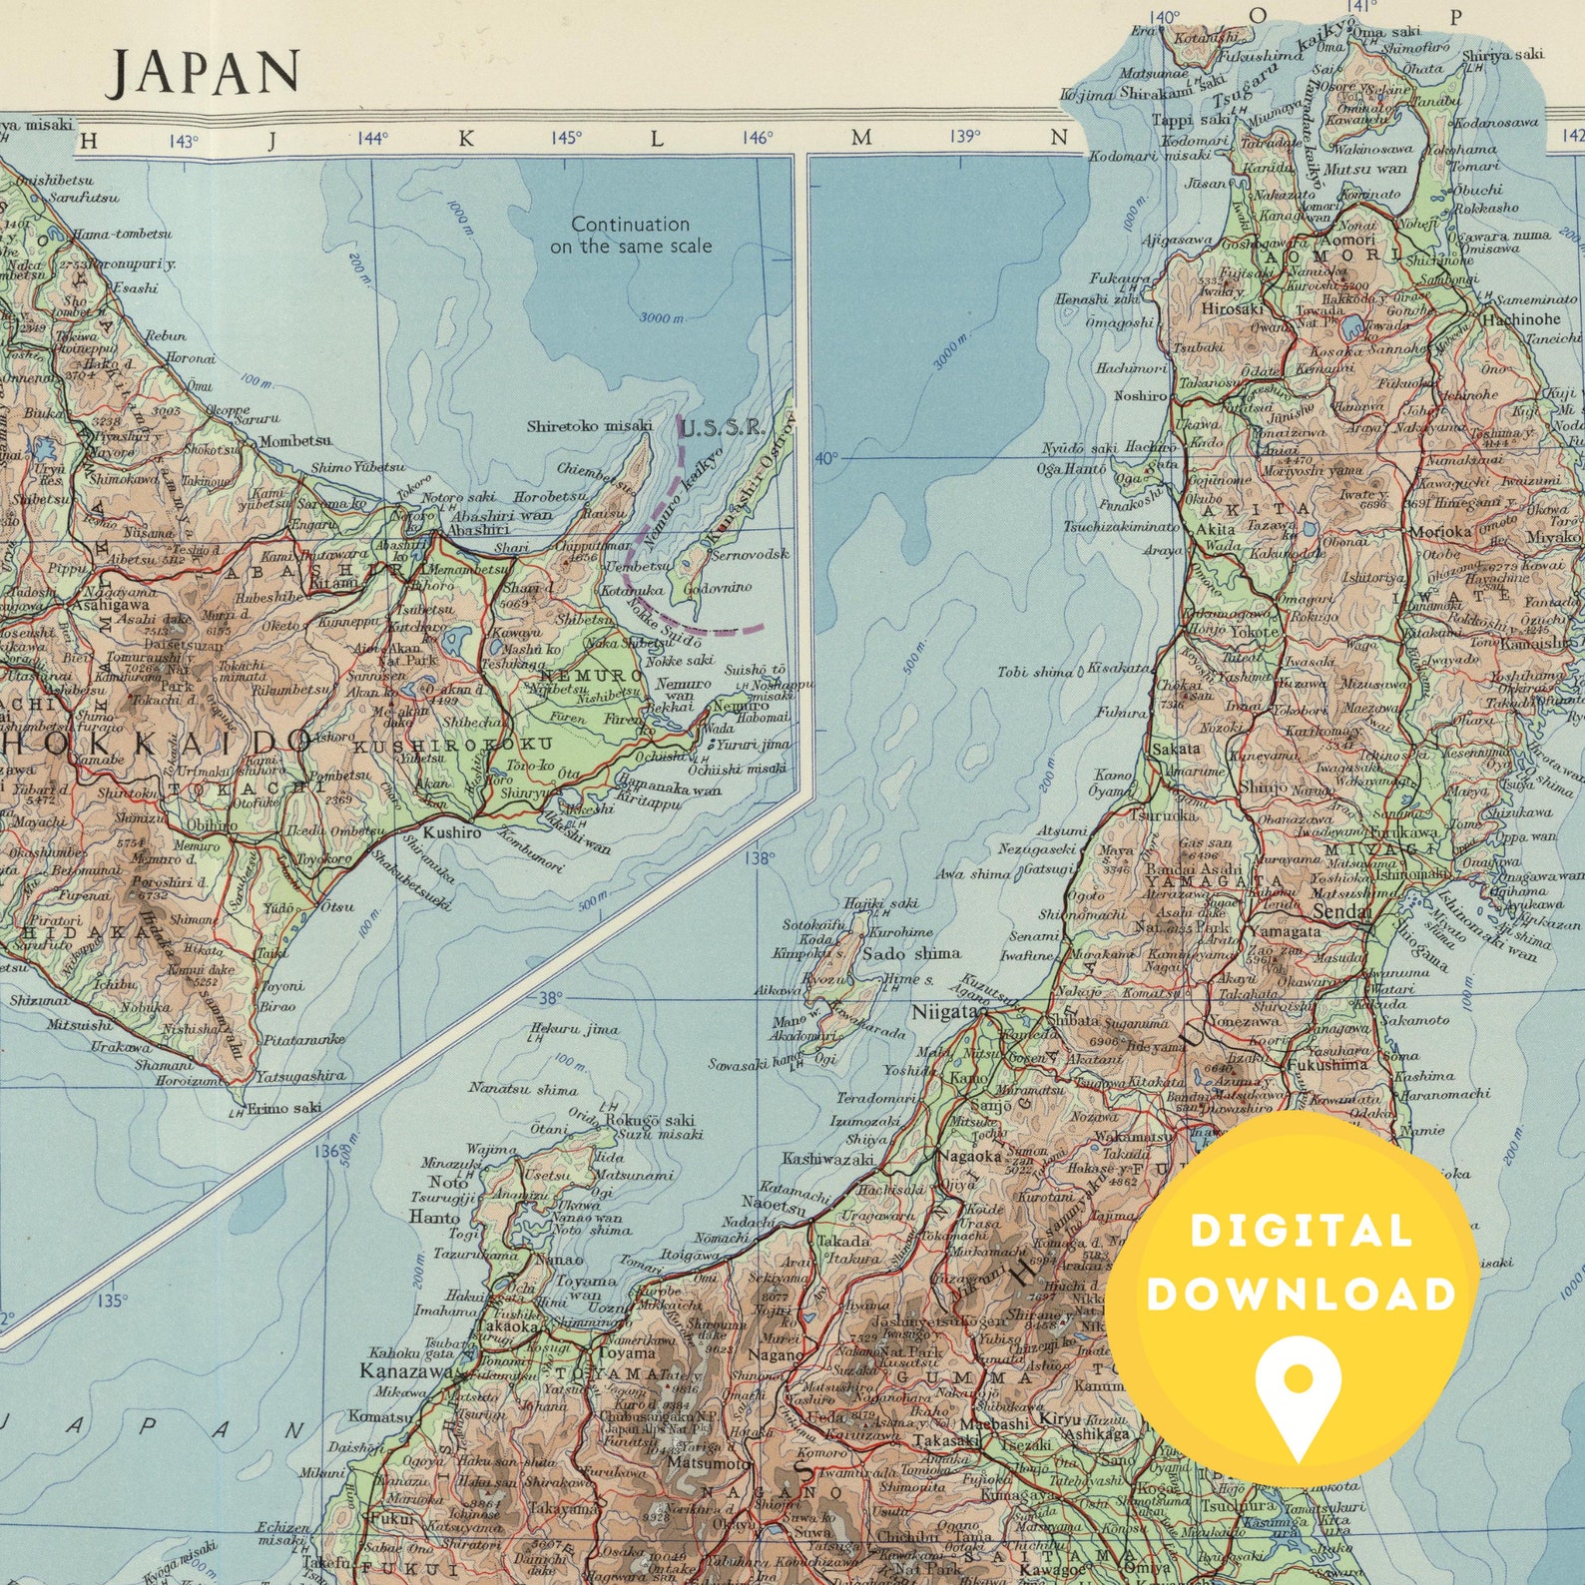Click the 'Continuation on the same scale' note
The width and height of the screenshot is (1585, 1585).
tap(631, 235)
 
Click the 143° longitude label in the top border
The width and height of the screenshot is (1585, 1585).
tap(183, 141)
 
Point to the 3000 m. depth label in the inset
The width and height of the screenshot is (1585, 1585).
tap(662, 317)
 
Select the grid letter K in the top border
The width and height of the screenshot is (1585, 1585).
tap(466, 140)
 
